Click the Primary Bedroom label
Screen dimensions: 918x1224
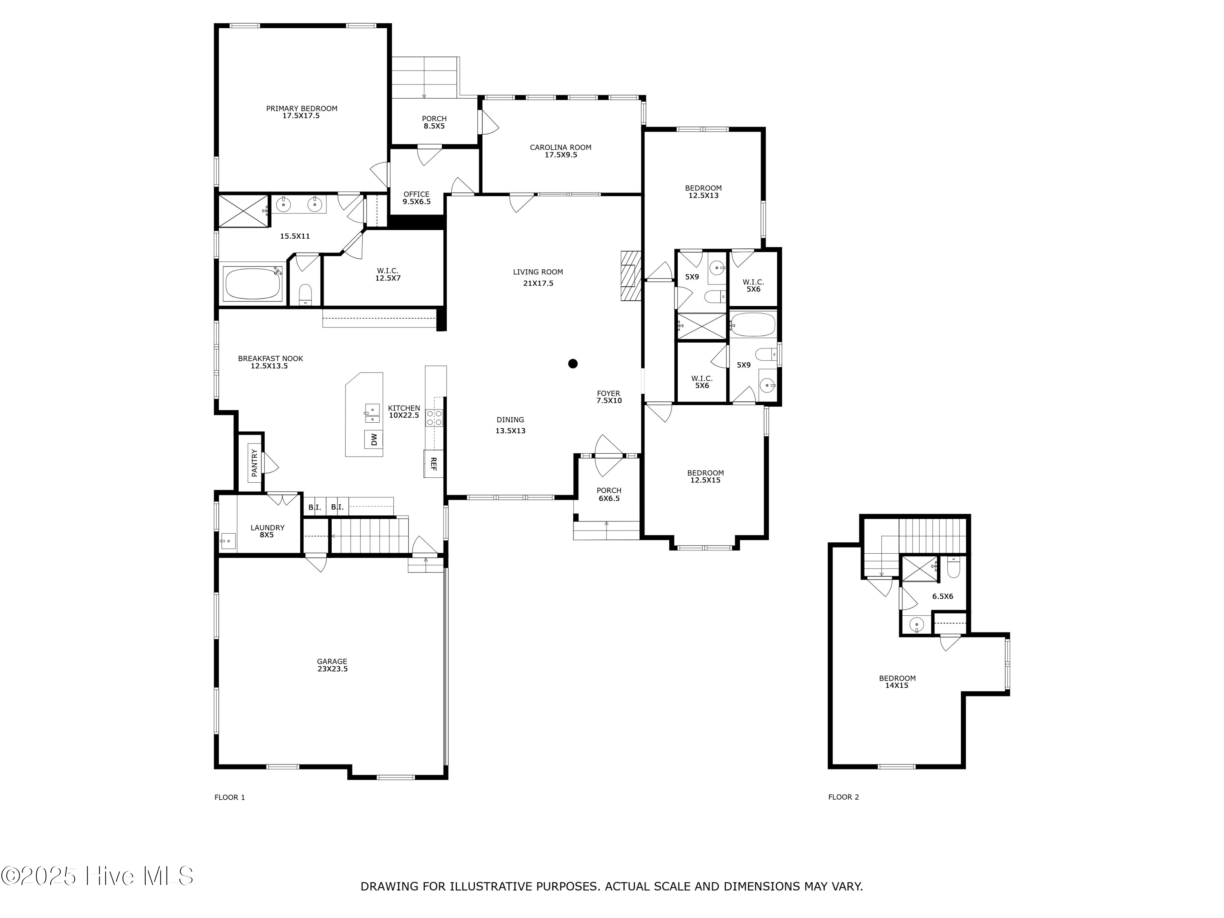click(x=302, y=112)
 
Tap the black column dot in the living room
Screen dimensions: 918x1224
click(x=573, y=364)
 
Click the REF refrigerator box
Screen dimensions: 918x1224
click(x=433, y=464)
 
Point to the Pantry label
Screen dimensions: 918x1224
click(x=255, y=463)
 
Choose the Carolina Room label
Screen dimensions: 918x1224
click(x=561, y=151)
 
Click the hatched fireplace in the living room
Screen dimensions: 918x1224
click(x=630, y=275)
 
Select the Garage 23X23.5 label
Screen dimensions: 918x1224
click(x=332, y=665)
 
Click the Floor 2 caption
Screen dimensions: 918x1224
click(x=843, y=797)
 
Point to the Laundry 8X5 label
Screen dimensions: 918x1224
click(x=267, y=531)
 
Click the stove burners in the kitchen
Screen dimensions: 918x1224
click(x=434, y=418)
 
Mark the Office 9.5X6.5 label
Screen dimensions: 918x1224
click(x=416, y=197)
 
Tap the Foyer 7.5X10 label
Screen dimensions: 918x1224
click(x=609, y=397)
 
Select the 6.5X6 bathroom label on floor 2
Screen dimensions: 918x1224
click(x=942, y=596)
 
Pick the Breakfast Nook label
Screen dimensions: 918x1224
click(x=270, y=362)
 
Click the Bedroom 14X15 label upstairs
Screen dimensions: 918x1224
click(x=897, y=682)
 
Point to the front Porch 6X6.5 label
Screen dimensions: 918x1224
click(x=609, y=494)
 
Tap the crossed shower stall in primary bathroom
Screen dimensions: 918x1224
click(x=243, y=211)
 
